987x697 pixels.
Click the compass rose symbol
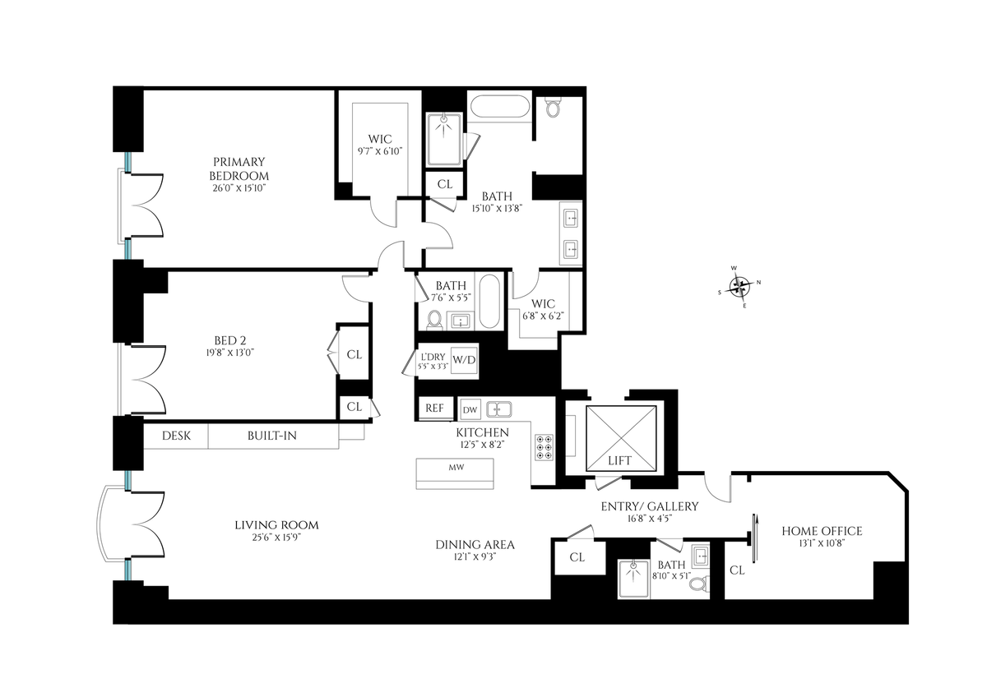(739, 287)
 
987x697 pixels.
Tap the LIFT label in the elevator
(619, 460)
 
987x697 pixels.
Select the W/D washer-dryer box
(464, 360)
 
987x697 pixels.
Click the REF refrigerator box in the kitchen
(434, 409)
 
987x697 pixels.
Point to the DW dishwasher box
(470, 410)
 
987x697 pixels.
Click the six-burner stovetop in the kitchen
(544, 447)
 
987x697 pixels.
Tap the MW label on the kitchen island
(456, 467)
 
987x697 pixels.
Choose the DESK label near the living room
(176, 436)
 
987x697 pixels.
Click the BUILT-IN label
(272, 436)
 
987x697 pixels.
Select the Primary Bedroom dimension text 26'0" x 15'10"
(239, 188)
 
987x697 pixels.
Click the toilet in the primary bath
(553, 107)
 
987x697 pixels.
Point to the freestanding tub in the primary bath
(500, 107)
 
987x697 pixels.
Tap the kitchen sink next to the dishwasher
(499, 409)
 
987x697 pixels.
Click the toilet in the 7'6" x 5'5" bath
(435, 320)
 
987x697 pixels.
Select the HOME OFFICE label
(822, 531)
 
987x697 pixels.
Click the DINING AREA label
(475, 545)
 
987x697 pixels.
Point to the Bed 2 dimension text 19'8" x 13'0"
(230, 353)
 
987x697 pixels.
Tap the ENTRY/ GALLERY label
(650, 506)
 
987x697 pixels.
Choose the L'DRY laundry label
(433, 357)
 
